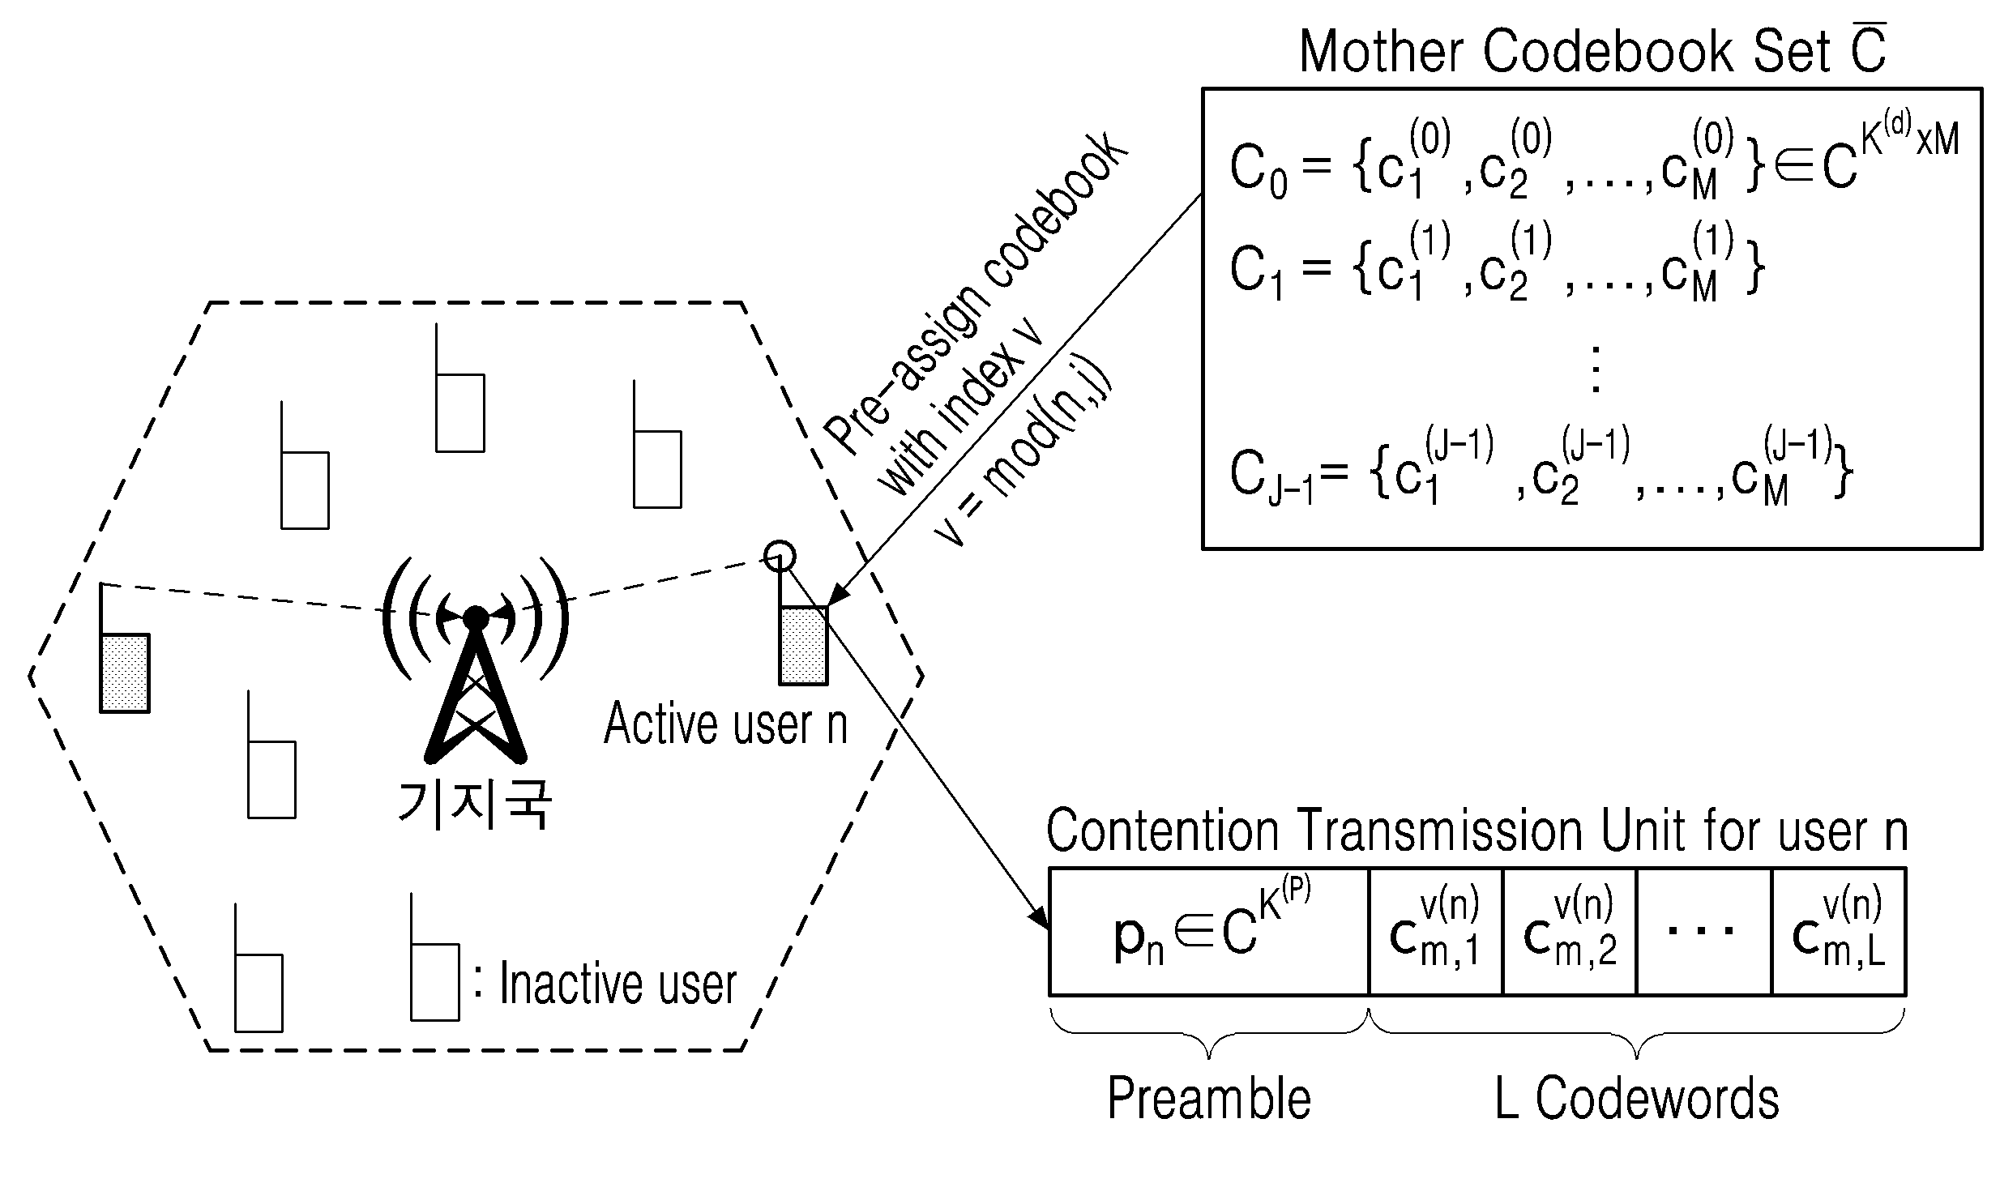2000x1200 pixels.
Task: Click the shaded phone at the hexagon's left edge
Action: pyautogui.click(x=125, y=673)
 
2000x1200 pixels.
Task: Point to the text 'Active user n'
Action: pyautogui.click(x=725, y=724)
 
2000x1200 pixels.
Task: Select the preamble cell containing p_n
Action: pyautogui.click(x=1209, y=932)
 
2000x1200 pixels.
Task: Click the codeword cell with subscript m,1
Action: pyautogui.click(x=1436, y=932)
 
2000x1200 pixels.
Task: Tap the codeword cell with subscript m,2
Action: pyautogui.click(x=1570, y=932)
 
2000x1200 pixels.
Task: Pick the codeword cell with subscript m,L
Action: pyautogui.click(x=1839, y=932)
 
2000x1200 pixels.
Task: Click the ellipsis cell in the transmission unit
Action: pyautogui.click(x=1704, y=932)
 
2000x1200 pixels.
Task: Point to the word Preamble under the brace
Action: pyautogui.click(x=1209, y=1100)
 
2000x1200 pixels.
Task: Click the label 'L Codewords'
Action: pyautogui.click(x=1636, y=1100)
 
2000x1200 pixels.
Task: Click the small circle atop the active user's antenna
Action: pyautogui.click(x=780, y=555)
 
